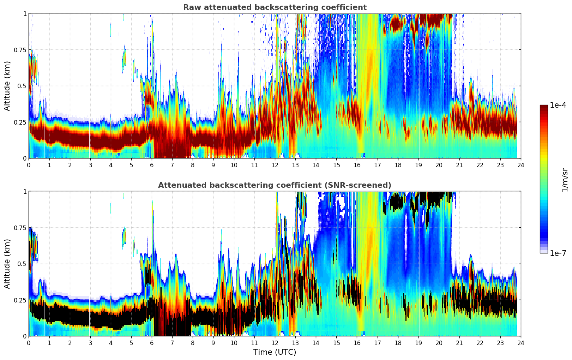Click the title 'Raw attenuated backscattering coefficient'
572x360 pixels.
pyautogui.click(x=275, y=7)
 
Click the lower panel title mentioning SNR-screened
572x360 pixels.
pyautogui.click(x=275, y=185)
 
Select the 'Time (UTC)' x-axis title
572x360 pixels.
pyautogui.click(x=275, y=352)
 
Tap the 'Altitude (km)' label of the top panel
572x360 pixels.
pyautogui.click(x=7, y=86)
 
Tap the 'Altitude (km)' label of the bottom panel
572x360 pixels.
pyautogui.click(x=7, y=264)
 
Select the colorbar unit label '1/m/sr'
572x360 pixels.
pyautogui.click(x=564, y=180)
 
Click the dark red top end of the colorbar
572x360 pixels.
pyautogui.click(x=544, y=107)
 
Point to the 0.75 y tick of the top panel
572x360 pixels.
pyautogui.click(x=20, y=50)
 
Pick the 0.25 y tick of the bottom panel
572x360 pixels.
pyautogui.click(x=20, y=300)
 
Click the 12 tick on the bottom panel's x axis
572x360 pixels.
pyautogui.click(x=275, y=343)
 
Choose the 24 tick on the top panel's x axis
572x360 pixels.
pyautogui.click(x=521, y=165)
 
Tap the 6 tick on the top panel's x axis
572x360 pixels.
pyautogui.click(x=152, y=165)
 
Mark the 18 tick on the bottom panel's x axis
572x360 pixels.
pyautogui.click(x=398, y=343)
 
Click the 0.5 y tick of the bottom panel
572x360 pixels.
pyautogui.click(x=21, y=264)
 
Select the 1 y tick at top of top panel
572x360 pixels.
pyautogui.click(x=25, y=13)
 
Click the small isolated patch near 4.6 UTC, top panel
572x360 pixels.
pyautogui.click(x=124, y=58)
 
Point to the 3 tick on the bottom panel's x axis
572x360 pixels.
pyautogui.click(x=90, y=343)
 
